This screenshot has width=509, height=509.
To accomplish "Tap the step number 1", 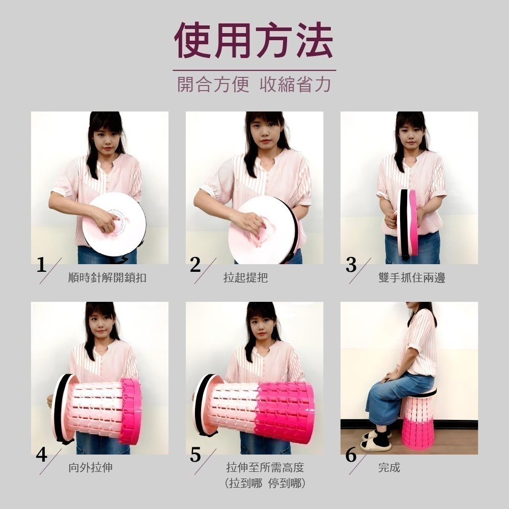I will tap(42, 265).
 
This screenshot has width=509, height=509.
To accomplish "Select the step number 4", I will tap(42, 455).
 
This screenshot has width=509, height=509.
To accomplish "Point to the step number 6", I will tap(351, 455).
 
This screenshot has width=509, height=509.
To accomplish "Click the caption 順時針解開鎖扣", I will tap(107, 278).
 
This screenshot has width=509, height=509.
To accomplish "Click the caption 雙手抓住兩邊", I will tap(411, 278).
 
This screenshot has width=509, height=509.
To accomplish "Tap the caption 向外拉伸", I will tap(90, 467).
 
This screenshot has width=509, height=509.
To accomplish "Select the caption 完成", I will tap(389, 467).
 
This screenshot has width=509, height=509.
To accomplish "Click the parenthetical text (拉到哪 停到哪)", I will tap(265, 484).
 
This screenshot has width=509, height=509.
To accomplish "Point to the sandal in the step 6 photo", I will tap(376, 444).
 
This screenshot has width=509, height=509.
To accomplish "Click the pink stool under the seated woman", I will tap(417, 422).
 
